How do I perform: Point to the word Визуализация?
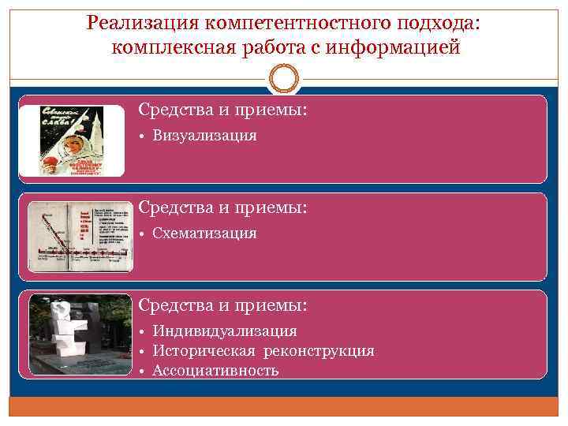204,136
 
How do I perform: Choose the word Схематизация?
204,234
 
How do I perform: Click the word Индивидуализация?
225,331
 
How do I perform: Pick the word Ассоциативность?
215,370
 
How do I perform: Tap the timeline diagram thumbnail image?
78,237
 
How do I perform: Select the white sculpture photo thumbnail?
80,334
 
